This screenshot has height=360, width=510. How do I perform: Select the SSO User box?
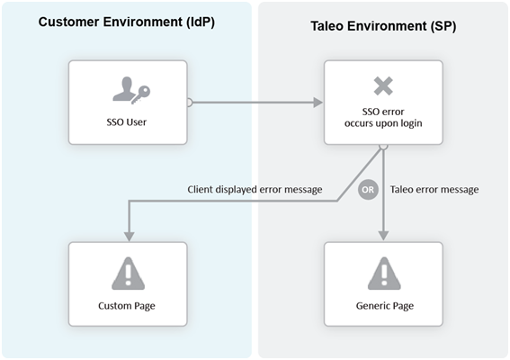[x=129, y=102]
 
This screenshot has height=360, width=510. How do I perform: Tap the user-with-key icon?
[x=128, y=88]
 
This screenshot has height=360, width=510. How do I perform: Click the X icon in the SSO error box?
[x=383, y=86]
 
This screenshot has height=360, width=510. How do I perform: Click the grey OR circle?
[x=367, y=190]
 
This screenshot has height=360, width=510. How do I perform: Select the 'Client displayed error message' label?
[x=255, y=190]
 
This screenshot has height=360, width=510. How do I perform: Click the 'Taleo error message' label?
[x=434, y=190]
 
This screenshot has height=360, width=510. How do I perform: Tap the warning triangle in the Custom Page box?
[x=129, y=272]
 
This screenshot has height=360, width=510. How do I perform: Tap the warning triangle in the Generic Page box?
[x=383, y=272]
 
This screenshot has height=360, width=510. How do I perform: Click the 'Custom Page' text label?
[x=128, y=306]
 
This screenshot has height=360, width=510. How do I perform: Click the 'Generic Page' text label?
[x=383, y=306]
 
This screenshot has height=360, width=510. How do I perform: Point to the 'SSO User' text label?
[x=128, y=121]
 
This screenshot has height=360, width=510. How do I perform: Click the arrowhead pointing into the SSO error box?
[x=318, y=103]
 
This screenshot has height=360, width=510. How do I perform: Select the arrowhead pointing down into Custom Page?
[x=129, y=236]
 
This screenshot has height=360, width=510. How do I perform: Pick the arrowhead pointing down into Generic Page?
[x=383, y=236]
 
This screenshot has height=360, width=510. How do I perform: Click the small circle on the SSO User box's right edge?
[x=189, y=103]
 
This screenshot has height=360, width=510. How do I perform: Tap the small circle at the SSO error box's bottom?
[x=383, y=145]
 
